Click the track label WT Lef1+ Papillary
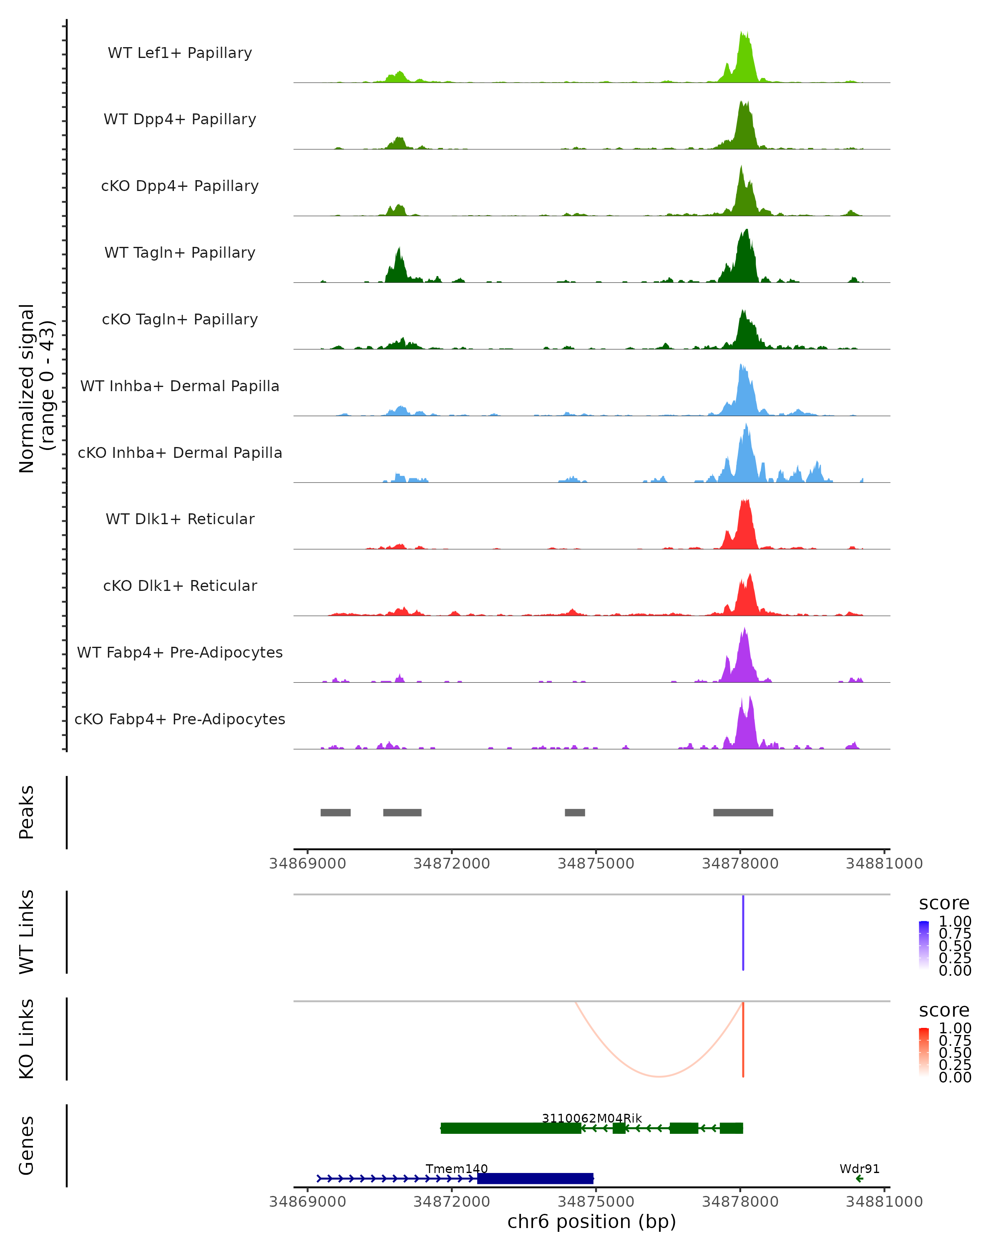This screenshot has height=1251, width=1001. (x=180, y=53)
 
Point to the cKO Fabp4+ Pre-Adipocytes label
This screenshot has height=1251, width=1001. (x=180, y=719)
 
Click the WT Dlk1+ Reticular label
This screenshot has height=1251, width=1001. (x=180, y=519)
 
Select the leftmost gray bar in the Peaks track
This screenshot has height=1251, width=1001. (x=335, y=812)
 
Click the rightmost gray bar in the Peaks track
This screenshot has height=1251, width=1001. (x=743, y=812)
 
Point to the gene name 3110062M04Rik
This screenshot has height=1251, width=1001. (x=591, y=1118)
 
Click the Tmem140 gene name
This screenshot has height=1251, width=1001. (x=457, y=1168)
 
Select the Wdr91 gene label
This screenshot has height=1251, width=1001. (x=860, y=1168)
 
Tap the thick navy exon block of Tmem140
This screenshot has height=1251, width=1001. (x=535, y=1178)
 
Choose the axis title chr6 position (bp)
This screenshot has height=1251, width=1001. (x=591, y=1222)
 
